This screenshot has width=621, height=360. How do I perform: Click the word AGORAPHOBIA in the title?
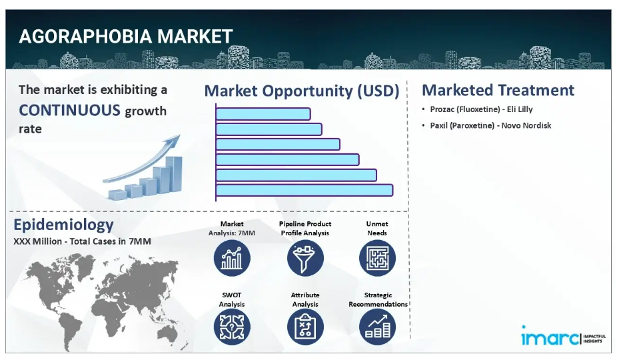coord(85,37)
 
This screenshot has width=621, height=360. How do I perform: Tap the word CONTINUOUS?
coord(69,110)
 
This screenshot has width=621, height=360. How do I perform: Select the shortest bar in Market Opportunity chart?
coord(263,114)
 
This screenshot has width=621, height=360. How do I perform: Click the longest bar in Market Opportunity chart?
coord(304,190)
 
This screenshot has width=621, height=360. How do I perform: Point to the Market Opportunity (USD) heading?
coord(302,91)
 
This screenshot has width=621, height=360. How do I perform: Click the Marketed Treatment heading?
coord(498,90)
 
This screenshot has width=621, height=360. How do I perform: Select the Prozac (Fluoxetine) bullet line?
coord(481,109)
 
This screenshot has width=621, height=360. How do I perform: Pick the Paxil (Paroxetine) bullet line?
coord(490,125)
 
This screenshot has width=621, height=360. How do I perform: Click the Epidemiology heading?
coord(63,225)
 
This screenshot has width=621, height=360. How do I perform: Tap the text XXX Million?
coord(37,241)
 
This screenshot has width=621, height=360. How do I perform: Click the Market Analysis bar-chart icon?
coord(232,258)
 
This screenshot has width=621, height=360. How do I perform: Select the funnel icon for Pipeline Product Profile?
coord(305,258)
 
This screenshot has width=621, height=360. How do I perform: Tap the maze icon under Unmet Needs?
coord(377,258)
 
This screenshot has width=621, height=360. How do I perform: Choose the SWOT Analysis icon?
coord(232,327)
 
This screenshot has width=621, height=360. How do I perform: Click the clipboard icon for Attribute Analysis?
coord(305,327)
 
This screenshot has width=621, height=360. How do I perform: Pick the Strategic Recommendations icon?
coord(377,327)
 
